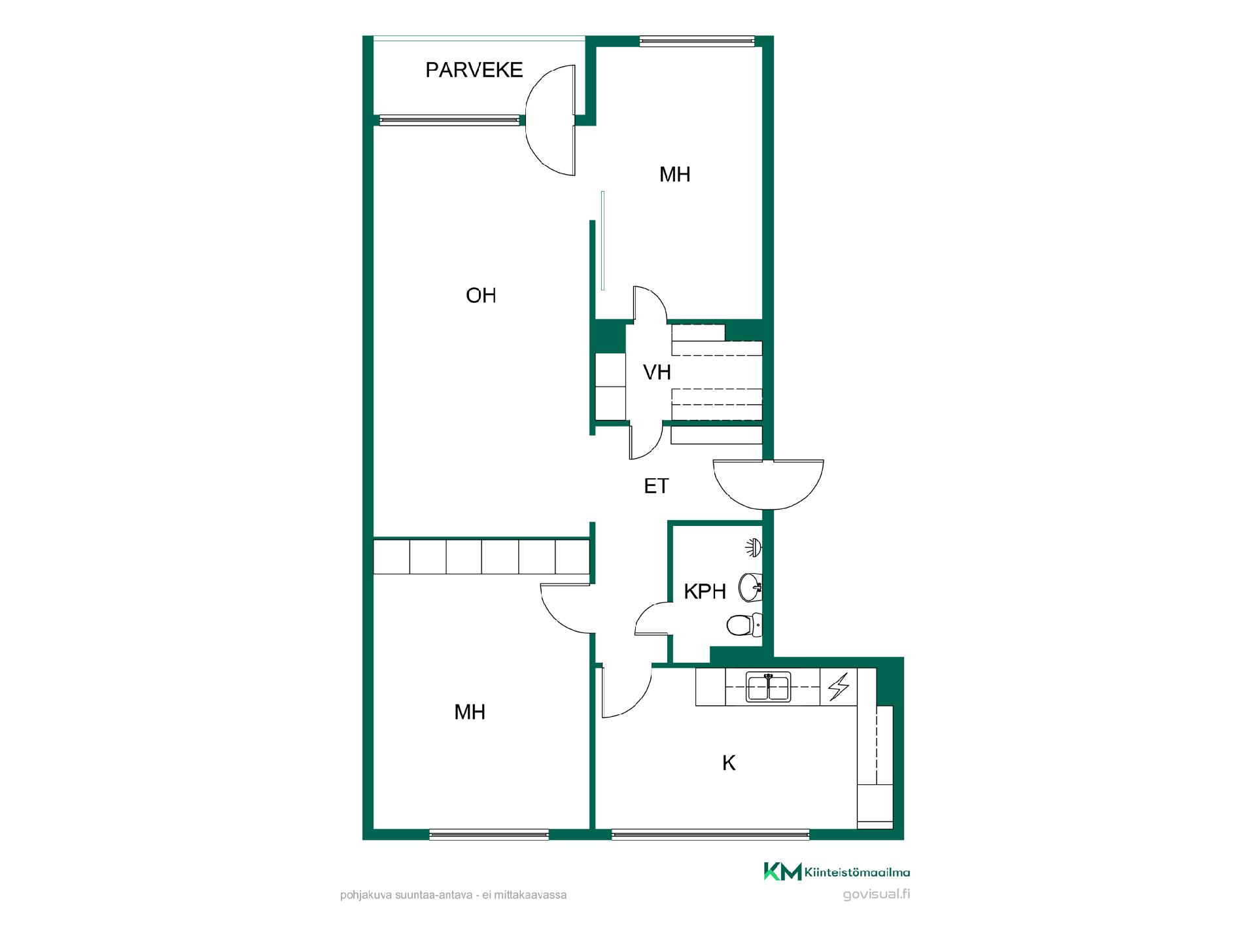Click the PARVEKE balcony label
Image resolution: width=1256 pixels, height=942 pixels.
click(x=474, y=70)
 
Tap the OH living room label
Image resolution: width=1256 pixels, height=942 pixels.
click(x=481, y=296)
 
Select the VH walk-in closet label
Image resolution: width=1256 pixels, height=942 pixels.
click(x=657, y=372)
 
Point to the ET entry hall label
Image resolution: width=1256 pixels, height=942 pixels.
click(x=656, y=486)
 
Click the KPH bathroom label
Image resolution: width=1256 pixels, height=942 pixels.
click(x=705, y=591)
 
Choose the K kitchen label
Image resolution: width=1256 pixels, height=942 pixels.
click(x=729, y=763)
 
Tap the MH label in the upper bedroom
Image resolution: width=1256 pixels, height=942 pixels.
click(x=674, y=175)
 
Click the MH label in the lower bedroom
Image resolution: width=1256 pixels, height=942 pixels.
click(x=470, y=712)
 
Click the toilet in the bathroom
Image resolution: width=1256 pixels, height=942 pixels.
click(x=744, y=625)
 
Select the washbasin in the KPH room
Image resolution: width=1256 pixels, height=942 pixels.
click(x=750, y=587)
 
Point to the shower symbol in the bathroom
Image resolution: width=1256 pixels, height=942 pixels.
click(x=754, y=548)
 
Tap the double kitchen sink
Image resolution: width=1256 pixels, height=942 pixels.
click(x=769, y=687)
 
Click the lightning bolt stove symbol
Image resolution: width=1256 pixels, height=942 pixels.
click(x=839, y=687)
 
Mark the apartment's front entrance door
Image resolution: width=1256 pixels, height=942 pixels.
click(x=769, y=485)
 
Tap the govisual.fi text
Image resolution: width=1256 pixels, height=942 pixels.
click(x=877, y=894)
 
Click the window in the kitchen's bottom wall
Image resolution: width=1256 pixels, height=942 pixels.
click(x=710, y=834)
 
